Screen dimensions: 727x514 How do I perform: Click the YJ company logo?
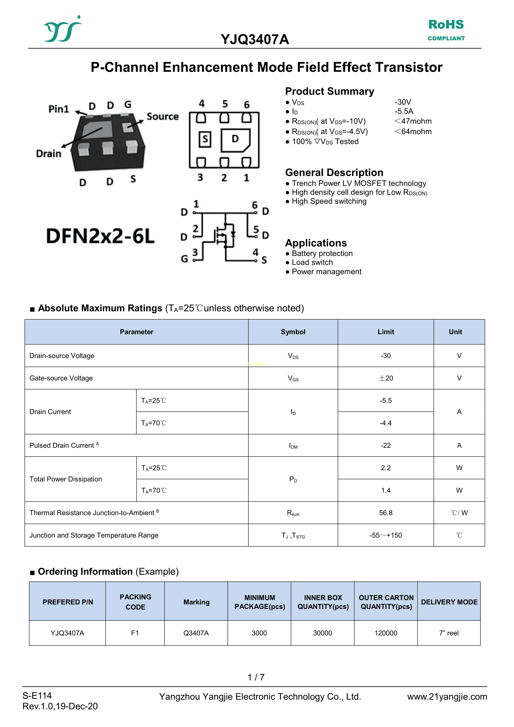click(x=62, y=29)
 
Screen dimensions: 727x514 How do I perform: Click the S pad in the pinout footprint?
click(x=205, y=139)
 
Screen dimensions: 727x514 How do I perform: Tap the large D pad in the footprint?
click(x=235, y=139)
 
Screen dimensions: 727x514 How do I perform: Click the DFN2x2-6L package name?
click(x=100, y=236)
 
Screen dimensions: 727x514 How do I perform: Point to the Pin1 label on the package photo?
click(x=59, y=109)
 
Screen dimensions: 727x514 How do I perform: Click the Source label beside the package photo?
click(x=162, y=116)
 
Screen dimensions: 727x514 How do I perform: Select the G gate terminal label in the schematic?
click(x=184, y=259)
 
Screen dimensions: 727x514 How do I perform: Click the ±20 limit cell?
click(x=386, y=378)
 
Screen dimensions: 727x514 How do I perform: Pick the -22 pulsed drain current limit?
click(x=385, y=446)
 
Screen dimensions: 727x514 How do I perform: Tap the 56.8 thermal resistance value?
click(x=385, y=513)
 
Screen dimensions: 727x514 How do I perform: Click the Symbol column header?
click(x=293, y=332)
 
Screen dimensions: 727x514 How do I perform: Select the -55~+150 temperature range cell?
click(x=385, y=535)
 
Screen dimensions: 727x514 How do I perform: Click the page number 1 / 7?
click(x=256, y=677)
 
